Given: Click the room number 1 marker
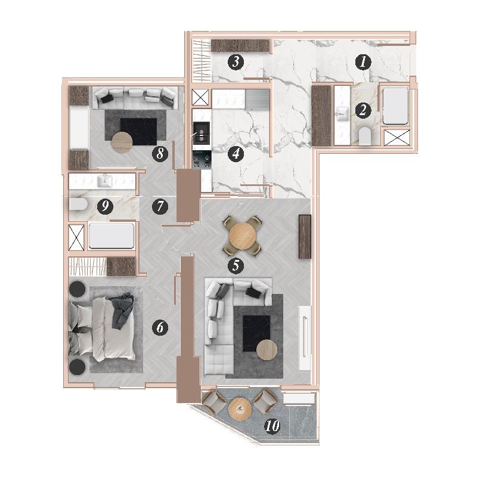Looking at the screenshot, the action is tap(363, 62).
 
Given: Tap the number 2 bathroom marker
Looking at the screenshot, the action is tap(363, 110).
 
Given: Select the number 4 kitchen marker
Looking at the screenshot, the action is tap(236, 154).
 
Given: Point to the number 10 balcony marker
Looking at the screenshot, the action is tap(272, 426).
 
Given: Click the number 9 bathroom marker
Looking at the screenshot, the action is tap(105, 207).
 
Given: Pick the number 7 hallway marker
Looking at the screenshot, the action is tap(160, 207).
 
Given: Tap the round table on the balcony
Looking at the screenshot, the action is tap(240, 409).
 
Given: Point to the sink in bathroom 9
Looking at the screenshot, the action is tap(105, 181).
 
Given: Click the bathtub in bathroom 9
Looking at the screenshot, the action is tap(111, 236).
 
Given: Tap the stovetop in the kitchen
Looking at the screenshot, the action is tap(201, 159).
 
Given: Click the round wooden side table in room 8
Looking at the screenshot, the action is tap(122, 142).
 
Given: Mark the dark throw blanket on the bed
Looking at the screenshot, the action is tap(122, 310).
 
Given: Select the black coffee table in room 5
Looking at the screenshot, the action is tap(256, 333).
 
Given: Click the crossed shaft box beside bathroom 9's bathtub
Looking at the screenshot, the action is tap(76, 237).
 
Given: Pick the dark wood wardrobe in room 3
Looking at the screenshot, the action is tap(240, 46).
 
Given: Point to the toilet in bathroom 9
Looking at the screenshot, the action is tap(79, 204).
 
